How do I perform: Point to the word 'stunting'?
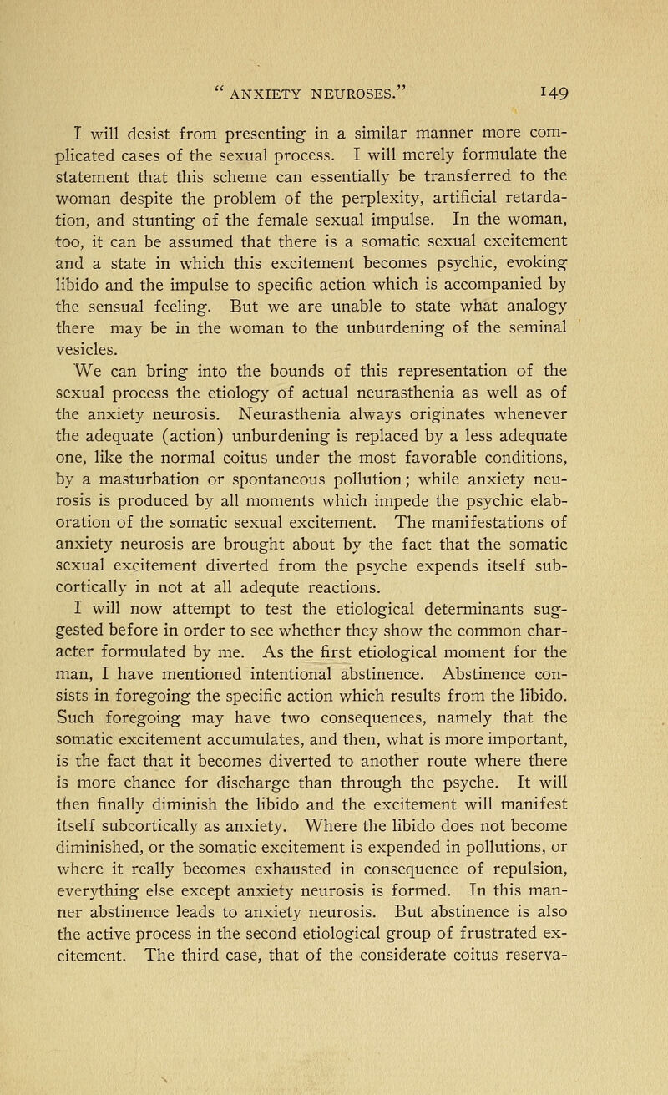[210, 223]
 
